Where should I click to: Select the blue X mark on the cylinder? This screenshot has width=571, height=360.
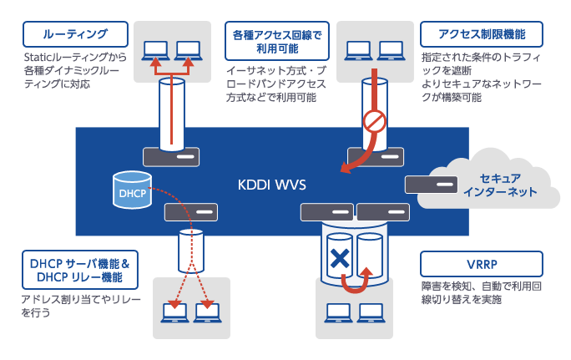(339, 259)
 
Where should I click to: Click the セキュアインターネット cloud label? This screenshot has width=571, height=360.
(501, 185)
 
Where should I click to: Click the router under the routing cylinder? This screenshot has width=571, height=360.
(171, 156)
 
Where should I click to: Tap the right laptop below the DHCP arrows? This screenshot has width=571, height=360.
(205, 314)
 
